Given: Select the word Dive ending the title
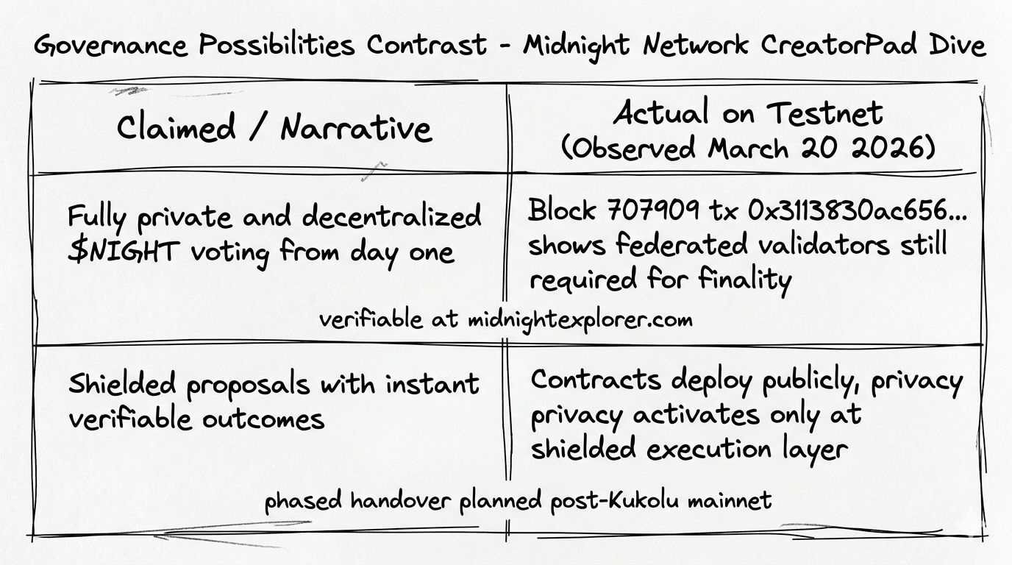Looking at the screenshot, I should click(954, 46).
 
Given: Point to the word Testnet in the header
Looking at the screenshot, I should click(825, 113).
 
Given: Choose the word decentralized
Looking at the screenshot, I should click(392, 217).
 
